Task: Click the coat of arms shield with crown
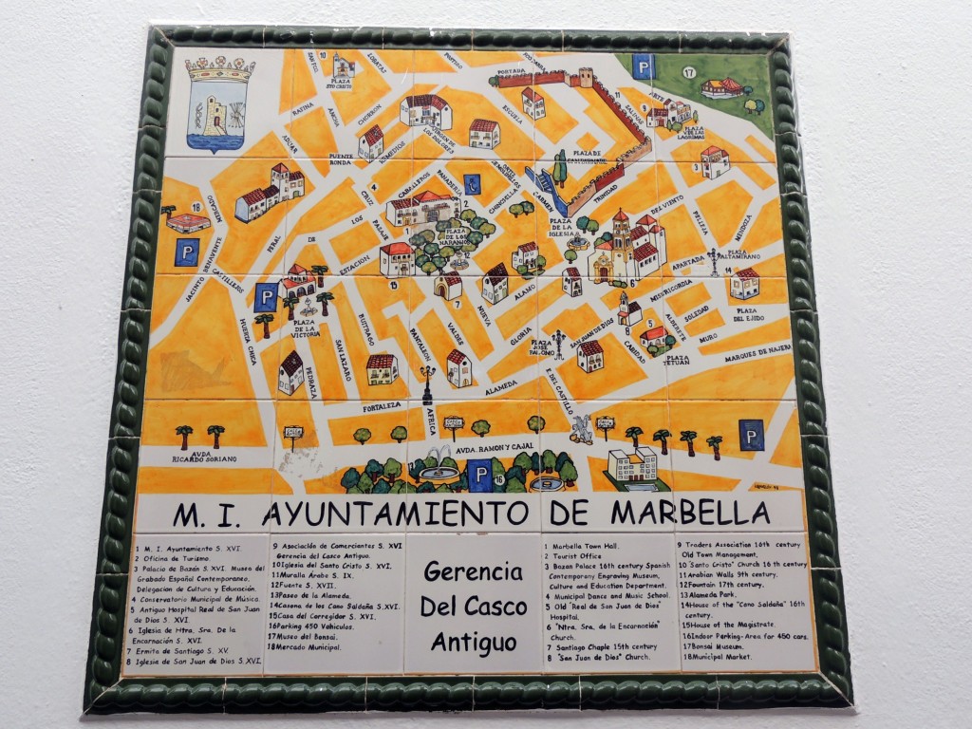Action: coord(218,103)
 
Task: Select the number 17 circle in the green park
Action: coord(688,72)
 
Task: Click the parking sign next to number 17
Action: coord(645,66)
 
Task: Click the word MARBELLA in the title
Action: coord(690,513)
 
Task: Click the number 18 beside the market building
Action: coord(196,206)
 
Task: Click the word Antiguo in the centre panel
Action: coord(473,642)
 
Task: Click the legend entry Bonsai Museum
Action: coord(721,646)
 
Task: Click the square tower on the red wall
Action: coord(586,76)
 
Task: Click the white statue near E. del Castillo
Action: coord(579,429)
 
